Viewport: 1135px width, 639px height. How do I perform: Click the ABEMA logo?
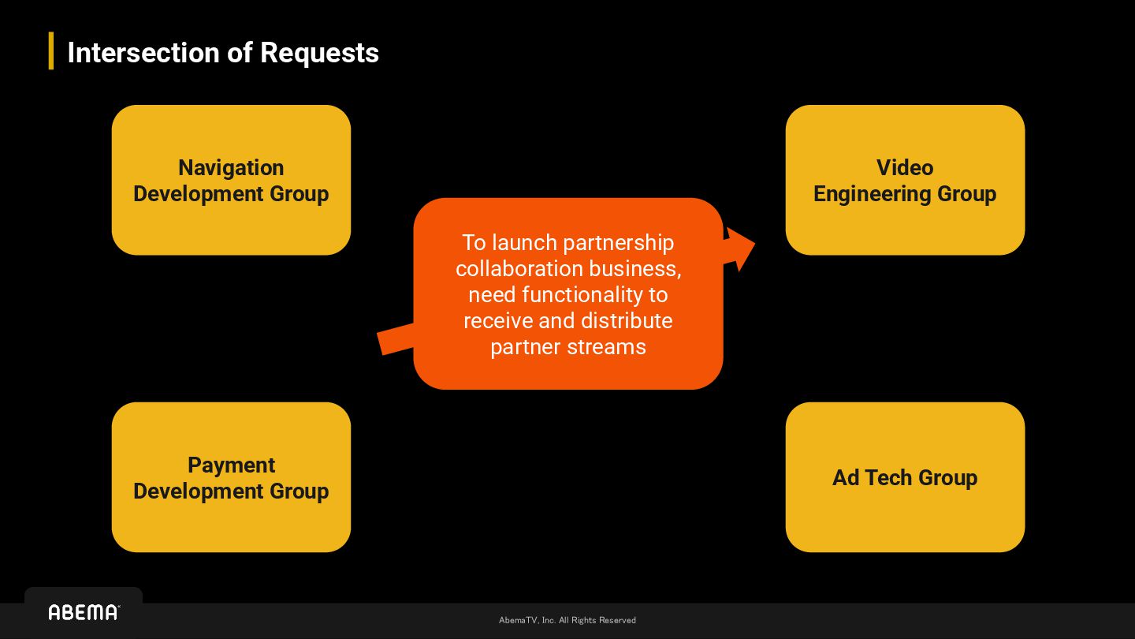[84, 612]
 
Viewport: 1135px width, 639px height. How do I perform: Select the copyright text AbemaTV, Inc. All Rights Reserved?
[567, 620]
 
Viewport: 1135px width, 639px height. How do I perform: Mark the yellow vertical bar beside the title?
[51, 50]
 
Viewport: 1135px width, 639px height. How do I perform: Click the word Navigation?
[231, 168]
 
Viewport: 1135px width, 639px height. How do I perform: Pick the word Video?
[905, 168]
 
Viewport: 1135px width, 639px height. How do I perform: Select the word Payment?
[231, 465]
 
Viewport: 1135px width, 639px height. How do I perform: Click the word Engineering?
[861, 194]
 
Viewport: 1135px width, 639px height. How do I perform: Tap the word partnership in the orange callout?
[619, 243]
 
